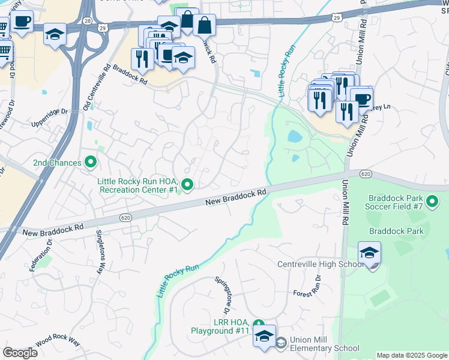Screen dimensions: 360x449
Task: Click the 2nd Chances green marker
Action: pyautogui.click(x=91, y=161)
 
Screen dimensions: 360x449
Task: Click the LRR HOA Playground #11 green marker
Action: pyautogui.click(x=258, y=323)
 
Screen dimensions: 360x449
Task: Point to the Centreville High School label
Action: pyautogui.click(x=320, y=265)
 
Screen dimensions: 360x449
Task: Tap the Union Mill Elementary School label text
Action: pyautogui.click(x=324, y=344)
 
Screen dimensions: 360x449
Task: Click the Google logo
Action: pyautogui.click(x=20, y=353)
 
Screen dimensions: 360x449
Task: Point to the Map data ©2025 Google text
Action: pyautogui.click(x=412, y=355)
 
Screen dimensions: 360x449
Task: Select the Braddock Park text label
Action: pyautogui.click(x=396, y=231)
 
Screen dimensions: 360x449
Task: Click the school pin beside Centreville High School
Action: pyautogui.click(x=369, y=253)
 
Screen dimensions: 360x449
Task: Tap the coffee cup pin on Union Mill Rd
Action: pyautogui.click(x=361, y=99)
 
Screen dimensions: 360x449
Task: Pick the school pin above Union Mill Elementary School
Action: pyautogui.click(x=264, y=337)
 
